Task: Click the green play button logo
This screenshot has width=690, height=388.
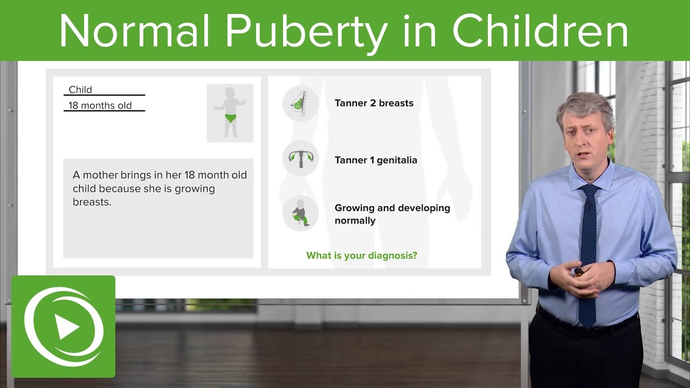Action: point(64,327)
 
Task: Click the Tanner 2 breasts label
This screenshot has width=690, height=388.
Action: point(374,103)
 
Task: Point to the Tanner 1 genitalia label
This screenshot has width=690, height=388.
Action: point(376,160)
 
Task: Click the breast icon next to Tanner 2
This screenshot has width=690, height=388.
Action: point(300,103)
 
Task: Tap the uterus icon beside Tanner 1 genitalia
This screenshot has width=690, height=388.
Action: point(300,157)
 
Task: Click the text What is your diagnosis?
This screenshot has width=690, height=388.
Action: point(362,255)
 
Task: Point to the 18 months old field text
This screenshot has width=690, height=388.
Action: point(100,106)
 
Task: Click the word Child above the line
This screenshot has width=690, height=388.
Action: point(80,89)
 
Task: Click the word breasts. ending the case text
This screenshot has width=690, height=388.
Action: point(92,203)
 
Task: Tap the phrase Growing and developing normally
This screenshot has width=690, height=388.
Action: point(392,214)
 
